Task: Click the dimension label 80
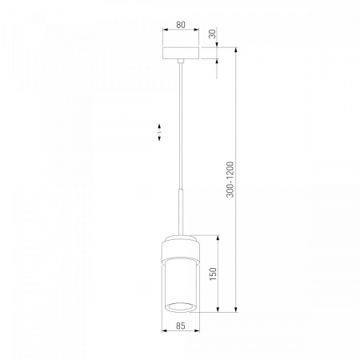pyautogui.click(x=181, y=25)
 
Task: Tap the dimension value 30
pyautogui.click(x=213, y=34)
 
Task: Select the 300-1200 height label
pyautogui.click(x=230, y=179)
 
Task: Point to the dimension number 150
pyautogui.click(x=213, y=274)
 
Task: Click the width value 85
pyautogui.click(x=181, y=326)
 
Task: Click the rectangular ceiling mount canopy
pyautogui.click(x=181, y=54)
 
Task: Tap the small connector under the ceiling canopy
pyautogui.click(x=181, y=61)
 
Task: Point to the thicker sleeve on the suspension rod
pyautogui.click(x=181, y=212)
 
